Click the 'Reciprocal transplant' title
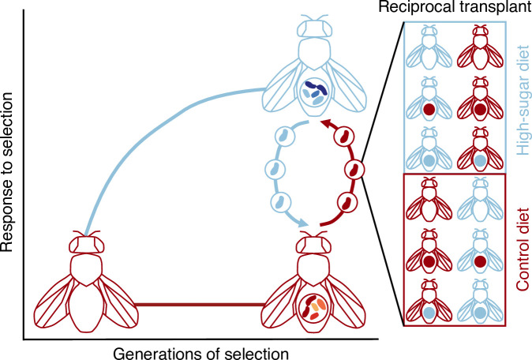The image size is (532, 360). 463,9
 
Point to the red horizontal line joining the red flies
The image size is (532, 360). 197,303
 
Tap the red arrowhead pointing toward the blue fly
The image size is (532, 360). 324,122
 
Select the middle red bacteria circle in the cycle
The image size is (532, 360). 354,167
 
